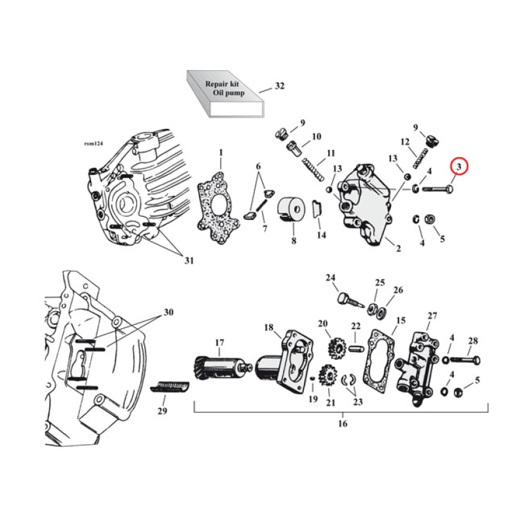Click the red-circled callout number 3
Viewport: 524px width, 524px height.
(x=459, y=168)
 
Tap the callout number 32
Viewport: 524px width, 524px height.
(x=280, y=86)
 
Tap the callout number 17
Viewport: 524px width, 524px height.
(x=219, y=341)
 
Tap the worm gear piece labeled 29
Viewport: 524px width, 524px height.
(x=172, y=385)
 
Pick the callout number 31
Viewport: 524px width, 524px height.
(x=189, y=261)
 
